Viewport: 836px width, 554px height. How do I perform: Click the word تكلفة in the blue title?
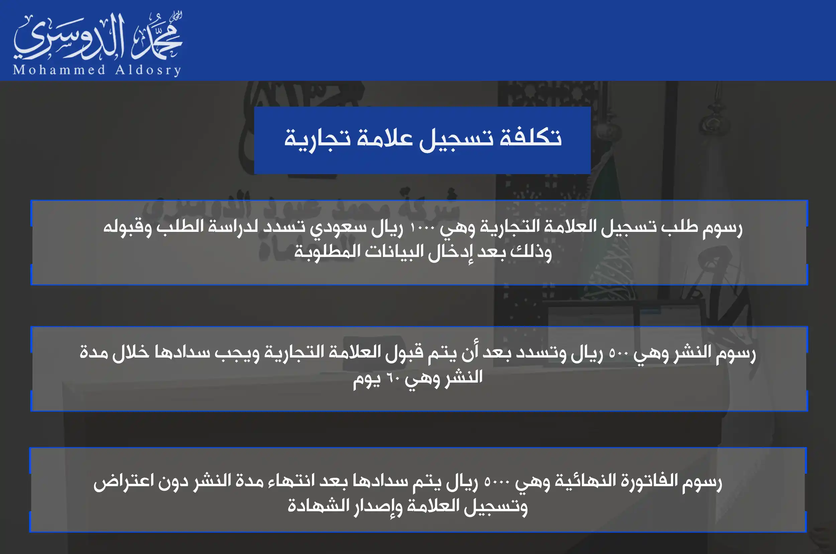530,137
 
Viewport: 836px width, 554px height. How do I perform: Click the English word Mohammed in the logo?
59,70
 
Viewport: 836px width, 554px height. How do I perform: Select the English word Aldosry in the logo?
148,70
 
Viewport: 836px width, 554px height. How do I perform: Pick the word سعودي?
338,228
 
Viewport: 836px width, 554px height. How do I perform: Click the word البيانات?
394,252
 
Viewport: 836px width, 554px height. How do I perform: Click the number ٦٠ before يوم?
392,378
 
